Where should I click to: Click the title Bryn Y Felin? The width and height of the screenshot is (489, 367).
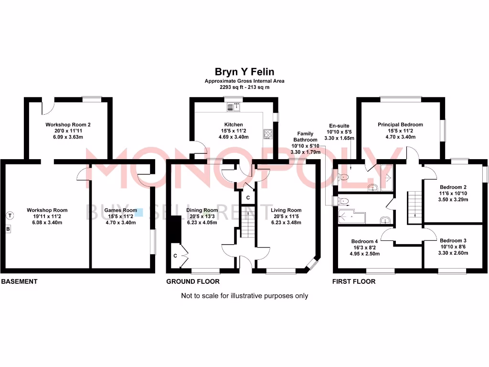[244, 72]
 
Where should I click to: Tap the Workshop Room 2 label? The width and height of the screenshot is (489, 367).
[68, 124]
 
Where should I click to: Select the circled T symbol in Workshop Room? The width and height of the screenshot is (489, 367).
[10, 216]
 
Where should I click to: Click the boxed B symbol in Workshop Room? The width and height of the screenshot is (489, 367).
[8, 229]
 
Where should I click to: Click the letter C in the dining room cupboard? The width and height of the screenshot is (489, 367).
[175, 256]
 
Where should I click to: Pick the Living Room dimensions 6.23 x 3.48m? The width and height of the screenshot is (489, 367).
[286, 222]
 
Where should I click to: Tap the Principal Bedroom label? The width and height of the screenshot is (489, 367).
[400, 124]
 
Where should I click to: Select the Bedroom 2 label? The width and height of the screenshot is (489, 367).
[453, 187]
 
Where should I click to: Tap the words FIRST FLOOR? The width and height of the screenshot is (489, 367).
[354, 281]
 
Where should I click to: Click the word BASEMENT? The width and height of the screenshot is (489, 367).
[19, 281]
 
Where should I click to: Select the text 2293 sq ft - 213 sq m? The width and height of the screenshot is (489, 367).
[244, 87]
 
